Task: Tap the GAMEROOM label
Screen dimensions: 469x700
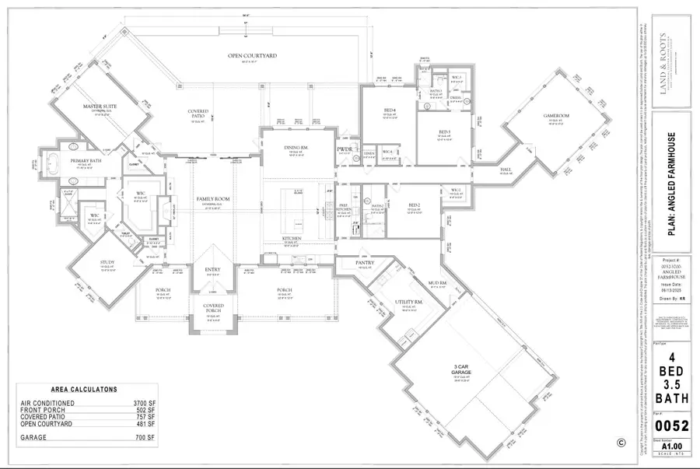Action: click(x=556, y=116)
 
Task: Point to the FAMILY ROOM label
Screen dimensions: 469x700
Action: click(x=212, y=199)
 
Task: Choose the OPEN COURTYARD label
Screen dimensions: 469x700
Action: click(x=252, y=56)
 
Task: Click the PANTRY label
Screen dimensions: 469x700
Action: click(x=366, y=263)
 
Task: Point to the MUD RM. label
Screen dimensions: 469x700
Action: click(x=437, y=282)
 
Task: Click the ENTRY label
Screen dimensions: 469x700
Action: click(x=213, y=269)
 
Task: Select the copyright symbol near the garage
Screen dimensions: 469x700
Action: click(x=621, y=443)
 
